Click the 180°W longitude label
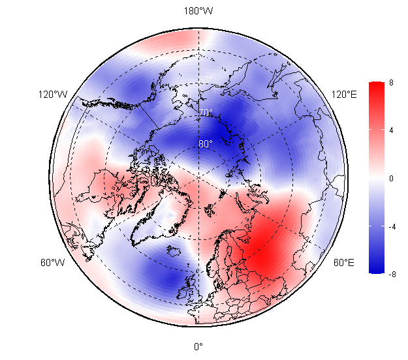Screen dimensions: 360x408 click(x=198, y=11)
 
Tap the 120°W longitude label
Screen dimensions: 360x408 click(x=53, y=95)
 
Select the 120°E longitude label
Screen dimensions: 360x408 click(x=344, y=95)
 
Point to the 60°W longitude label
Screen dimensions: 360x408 click(x=53, y=263)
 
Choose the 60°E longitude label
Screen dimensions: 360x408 click(x=344, y=263)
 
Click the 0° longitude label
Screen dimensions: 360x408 click(x=198, y=347)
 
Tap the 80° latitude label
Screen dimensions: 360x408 click(x=206, y=144)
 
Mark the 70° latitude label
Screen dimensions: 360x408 click(x=206, y=113)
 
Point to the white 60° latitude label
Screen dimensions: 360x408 click(x=206, y=80)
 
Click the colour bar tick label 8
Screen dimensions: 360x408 click(x=391, y=82)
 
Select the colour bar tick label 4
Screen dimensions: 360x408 click(x=391, y=130)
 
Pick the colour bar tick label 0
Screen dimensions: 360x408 click(x=391, y=178)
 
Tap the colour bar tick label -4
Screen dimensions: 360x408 click(x=392, y=226)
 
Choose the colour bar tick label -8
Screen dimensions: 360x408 click(x=392, y=275)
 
